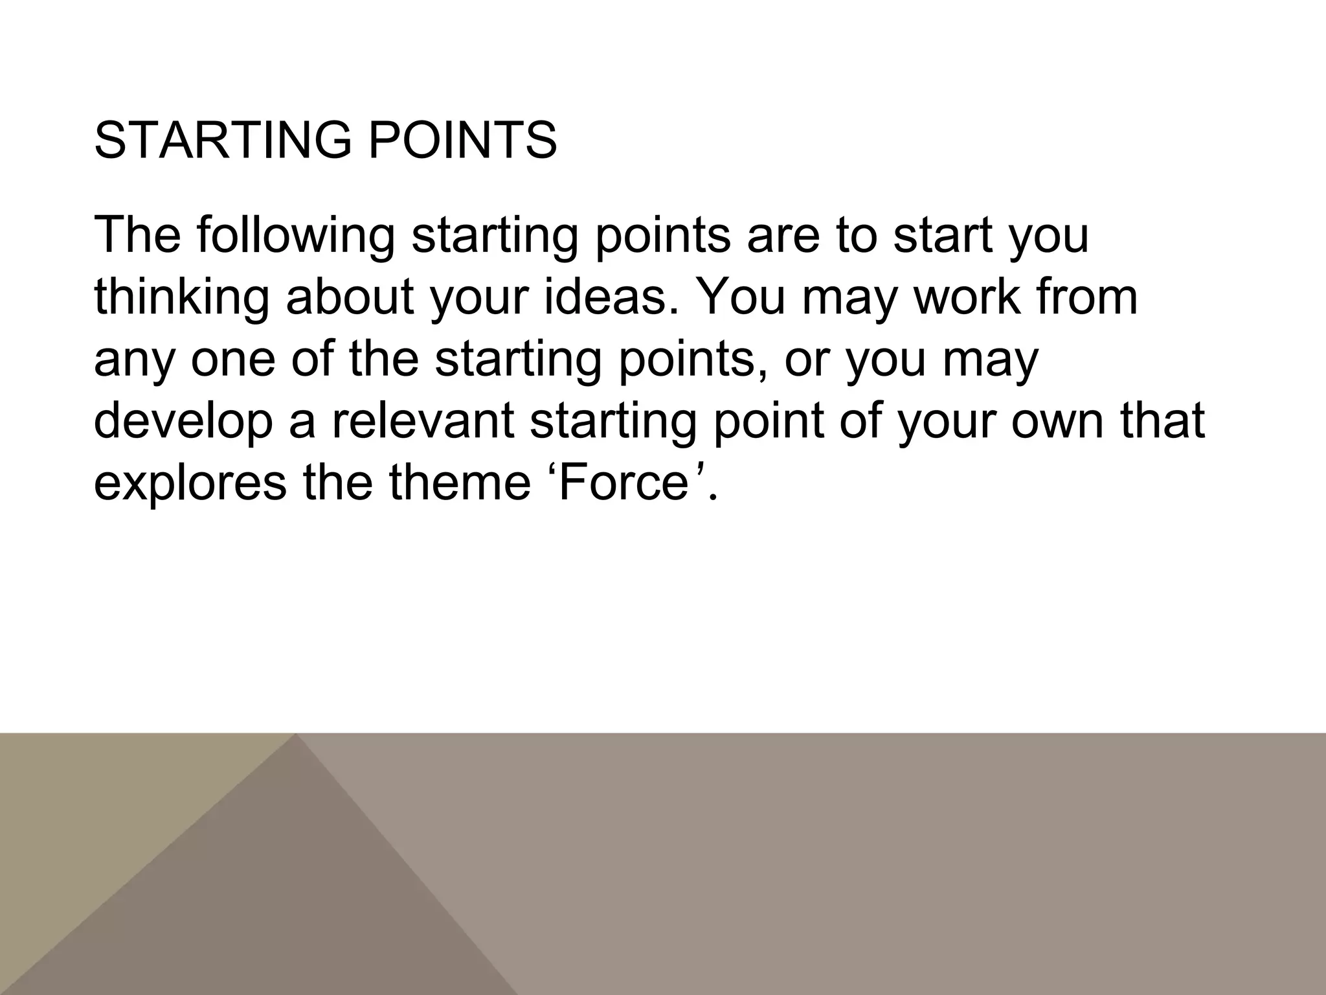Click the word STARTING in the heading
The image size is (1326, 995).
(x=223, y=141)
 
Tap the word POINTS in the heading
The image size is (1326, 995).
(x=462, y=141)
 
